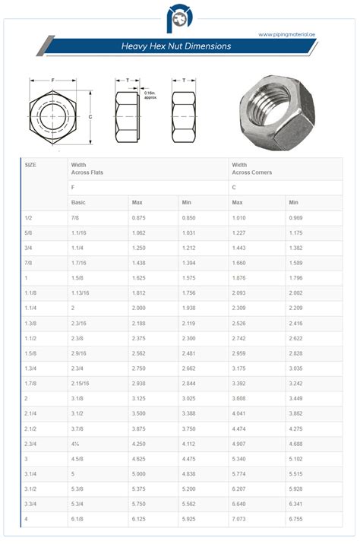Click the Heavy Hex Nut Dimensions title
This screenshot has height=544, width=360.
[176, 46]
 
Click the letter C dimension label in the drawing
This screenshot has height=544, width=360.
[90, 116]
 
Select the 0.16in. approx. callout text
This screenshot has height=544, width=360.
[156, 95]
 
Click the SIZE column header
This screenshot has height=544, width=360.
[30, 164]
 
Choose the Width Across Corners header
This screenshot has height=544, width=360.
[251, 168]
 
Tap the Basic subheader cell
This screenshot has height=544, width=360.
[78, 202]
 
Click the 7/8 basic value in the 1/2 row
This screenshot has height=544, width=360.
[75, 218]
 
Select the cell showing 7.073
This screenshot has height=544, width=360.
[240, 518]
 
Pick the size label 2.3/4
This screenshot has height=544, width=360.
[32, 444]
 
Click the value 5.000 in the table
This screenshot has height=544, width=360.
[139, 473]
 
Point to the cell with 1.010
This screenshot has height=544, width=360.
[240, 218]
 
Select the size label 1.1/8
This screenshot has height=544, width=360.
[31, 293]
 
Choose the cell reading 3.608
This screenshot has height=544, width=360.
[240, 398]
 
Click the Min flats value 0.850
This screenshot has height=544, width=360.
[189, 218]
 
